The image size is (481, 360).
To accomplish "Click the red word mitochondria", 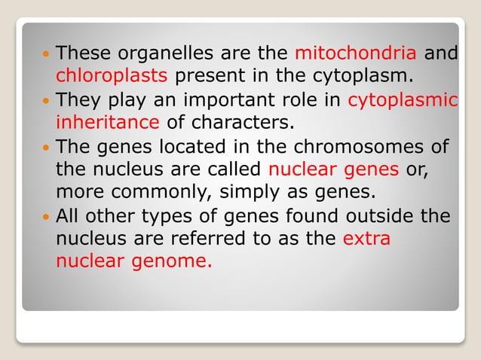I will point(355,53).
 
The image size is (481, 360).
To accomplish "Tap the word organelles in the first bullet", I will point(158,54).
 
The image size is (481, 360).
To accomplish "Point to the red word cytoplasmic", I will point(403,99).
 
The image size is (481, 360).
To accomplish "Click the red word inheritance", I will point(107,121).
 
